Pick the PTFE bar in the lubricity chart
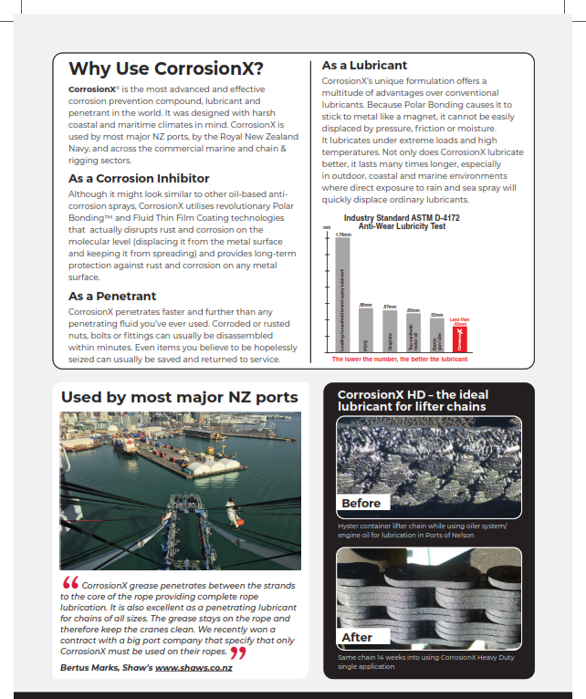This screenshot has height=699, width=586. tap(366, 330)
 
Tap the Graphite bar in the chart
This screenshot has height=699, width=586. tap(390, 331)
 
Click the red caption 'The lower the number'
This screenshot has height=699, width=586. tap(399, 360)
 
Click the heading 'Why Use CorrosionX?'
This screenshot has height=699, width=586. tap(166, 69)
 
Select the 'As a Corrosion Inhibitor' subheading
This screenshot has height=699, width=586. tap(139, 178)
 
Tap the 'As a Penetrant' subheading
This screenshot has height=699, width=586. tap(112, 296)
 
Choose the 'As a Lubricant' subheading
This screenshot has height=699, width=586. tap(365, 66)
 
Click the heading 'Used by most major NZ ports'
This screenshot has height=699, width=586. tap(179, 397)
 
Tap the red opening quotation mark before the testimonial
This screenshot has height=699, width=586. tap(69, 583)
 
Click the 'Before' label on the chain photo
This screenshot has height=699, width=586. tap(361, 503)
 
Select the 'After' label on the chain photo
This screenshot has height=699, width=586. tap(357, 637)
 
